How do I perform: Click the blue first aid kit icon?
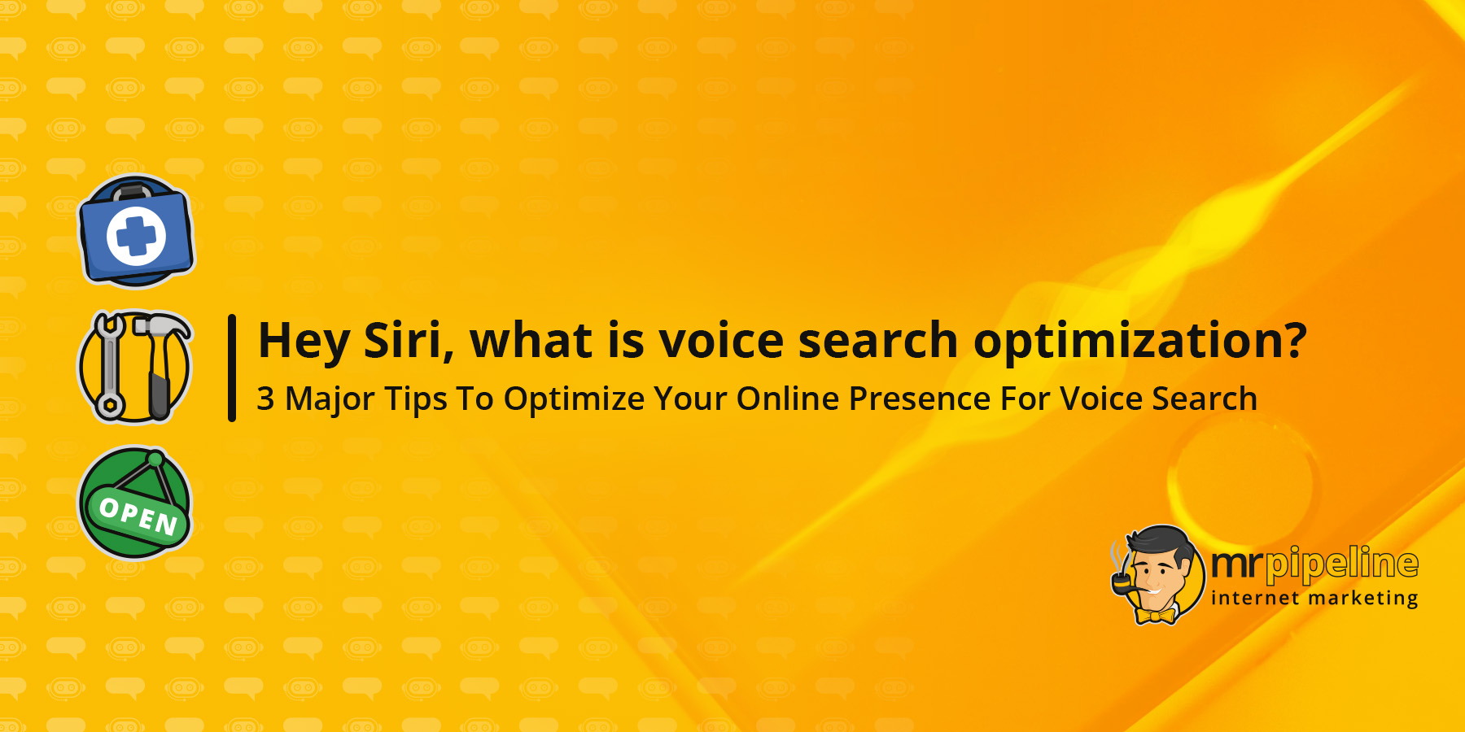point(136,232)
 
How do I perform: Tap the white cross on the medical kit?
point(136,235)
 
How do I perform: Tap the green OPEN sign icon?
point(135,502)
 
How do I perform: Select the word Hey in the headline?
point(304,342)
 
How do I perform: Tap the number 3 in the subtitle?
point(265,399)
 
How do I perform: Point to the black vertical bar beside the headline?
point(232,368)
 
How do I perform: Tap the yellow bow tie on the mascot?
point(1157,616)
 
